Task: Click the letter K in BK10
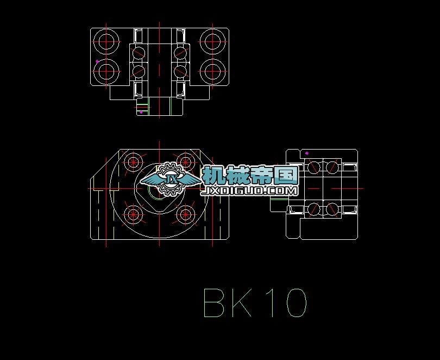click(241, 303)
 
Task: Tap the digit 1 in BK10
click(271, 303)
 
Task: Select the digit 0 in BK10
click(295, 303)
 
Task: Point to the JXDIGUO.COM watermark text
click(249, 191)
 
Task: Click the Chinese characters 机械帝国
click(249, 175)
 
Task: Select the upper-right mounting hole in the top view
click(211, 40)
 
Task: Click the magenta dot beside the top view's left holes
click(97, 61)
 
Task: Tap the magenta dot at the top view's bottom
click(141, 112)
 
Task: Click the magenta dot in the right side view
click(307, 153)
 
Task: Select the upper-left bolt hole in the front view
click(133, 162)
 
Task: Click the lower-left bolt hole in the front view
click(133, 214)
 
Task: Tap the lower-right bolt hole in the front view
click(186, 214)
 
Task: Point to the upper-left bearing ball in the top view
click(139, 53)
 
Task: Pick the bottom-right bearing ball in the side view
click(331, 209)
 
